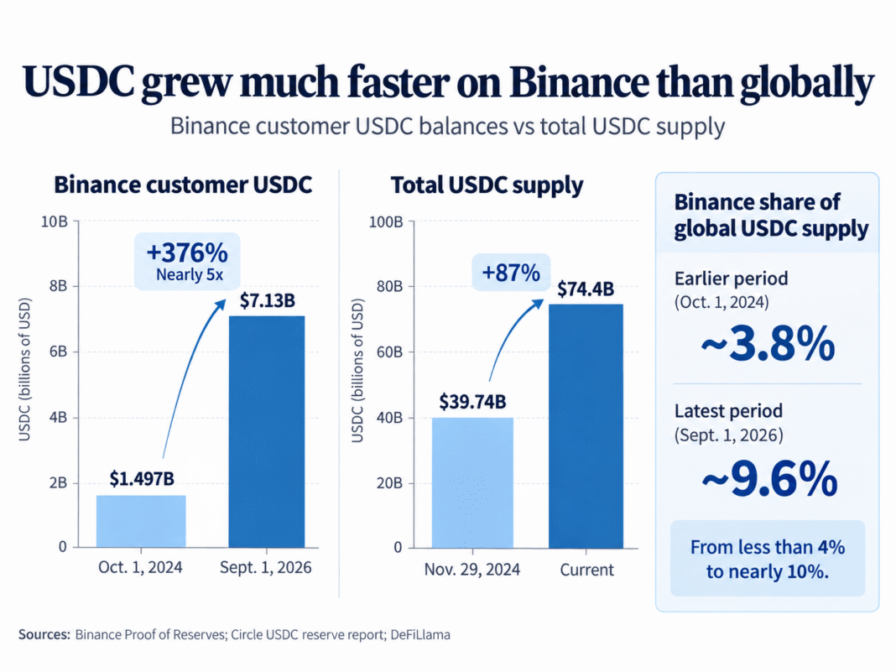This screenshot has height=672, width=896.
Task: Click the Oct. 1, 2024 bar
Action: click(141, 521)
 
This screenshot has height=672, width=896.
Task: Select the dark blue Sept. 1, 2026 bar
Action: click(267, 431)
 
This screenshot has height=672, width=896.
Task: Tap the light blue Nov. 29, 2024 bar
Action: click(472, 483)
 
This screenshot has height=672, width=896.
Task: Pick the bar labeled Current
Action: click(586, 426)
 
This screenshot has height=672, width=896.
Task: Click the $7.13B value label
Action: click(268, 300)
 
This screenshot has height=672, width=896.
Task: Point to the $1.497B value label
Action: click(142, 479)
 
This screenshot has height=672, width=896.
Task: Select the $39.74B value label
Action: click(472, 402)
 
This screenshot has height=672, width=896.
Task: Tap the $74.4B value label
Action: click(586, 289)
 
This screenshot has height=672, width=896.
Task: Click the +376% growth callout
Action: click(187, 262)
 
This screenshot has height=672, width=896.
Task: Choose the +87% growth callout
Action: click(511, 273)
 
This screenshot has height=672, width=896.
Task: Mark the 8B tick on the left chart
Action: click(58, 286)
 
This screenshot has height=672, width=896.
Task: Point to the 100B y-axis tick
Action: click(386, 221)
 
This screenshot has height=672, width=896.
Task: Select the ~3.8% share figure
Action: click(768, 344)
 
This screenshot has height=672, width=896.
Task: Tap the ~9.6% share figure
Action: click(769, 479)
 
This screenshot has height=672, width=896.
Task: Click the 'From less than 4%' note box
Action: click(768, 558)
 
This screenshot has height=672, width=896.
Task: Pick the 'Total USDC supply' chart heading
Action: click(487, 185)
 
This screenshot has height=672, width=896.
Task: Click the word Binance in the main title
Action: click(579, 82)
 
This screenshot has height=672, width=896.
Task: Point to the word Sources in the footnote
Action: click(44, 635)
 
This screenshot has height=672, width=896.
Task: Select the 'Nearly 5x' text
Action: click(190, 275)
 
